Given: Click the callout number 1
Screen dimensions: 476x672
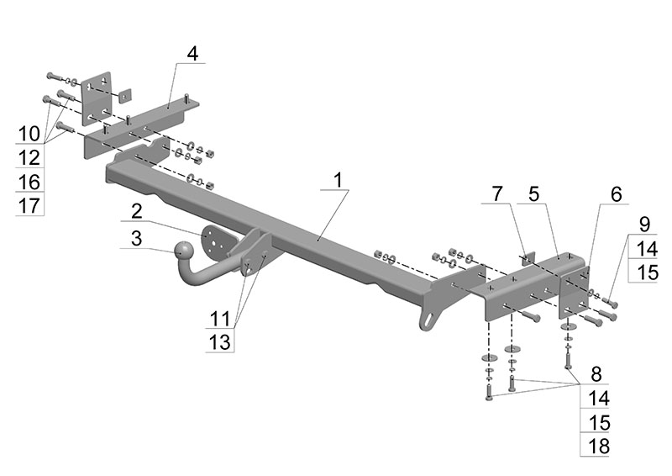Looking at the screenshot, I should pos(338,180).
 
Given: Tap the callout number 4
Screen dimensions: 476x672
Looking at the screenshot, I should pos(192,54).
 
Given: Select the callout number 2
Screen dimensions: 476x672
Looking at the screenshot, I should pos(135,210).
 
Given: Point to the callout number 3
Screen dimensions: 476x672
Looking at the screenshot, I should pos(135,238).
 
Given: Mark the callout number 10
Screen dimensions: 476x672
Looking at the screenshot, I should pos(29,133).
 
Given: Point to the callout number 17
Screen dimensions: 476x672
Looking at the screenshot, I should pos(29,206).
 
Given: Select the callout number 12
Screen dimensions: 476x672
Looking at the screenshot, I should pos(29,157).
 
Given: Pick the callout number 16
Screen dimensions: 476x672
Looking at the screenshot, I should pos(29,182).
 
